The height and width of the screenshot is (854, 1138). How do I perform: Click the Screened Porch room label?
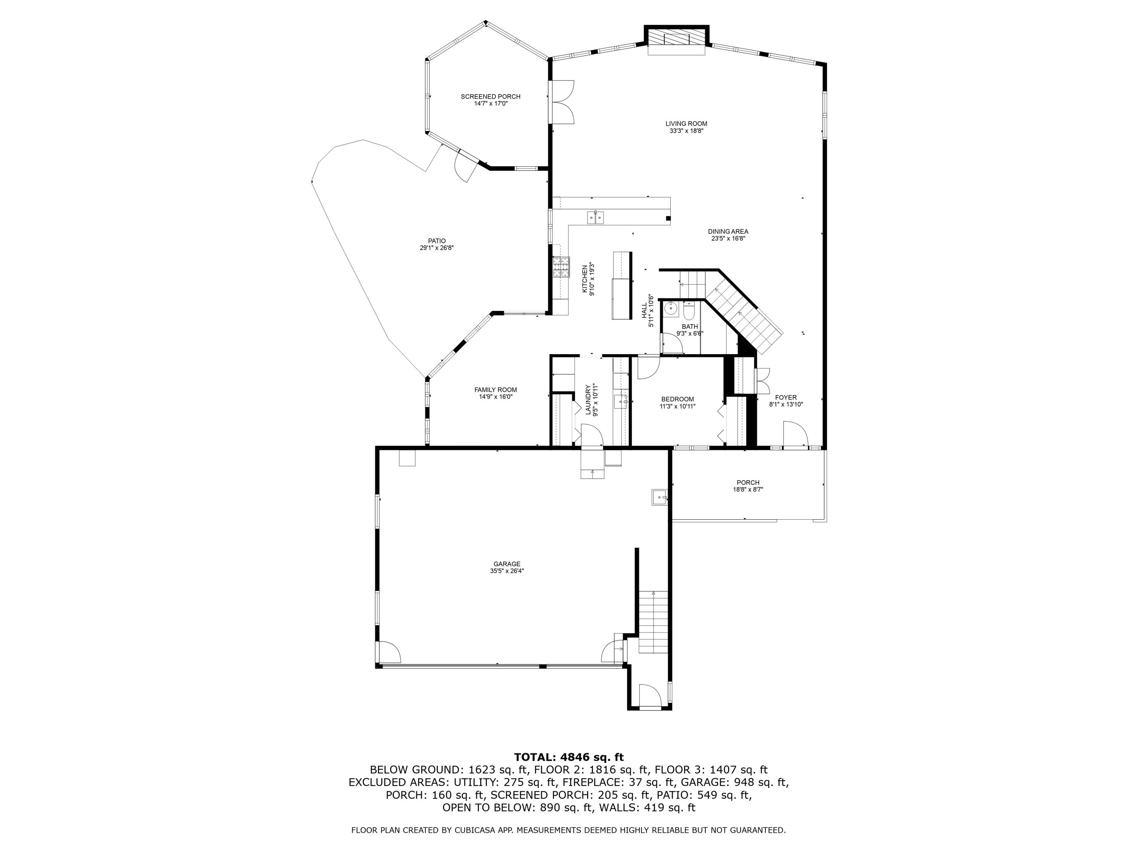pos(490,96)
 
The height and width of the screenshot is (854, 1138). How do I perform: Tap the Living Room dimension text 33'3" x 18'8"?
pos(686,131)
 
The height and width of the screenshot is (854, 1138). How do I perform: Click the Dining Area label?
pos(728,232)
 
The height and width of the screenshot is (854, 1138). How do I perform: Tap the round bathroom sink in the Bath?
pos(670,309)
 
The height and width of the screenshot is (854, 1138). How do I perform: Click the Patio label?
pos(436,241)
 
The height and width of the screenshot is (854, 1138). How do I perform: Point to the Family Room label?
pos(495,390)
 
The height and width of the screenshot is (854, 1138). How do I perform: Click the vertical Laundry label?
pos(588,399)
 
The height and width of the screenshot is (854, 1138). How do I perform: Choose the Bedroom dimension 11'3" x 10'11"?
pos(677,406)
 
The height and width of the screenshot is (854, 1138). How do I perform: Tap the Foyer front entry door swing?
pos(795,433)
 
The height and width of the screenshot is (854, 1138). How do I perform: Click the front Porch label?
pos(748,482)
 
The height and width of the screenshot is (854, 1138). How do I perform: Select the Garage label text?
pos(506,564)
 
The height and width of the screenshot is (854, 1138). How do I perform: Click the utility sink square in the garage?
pos(659,497)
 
